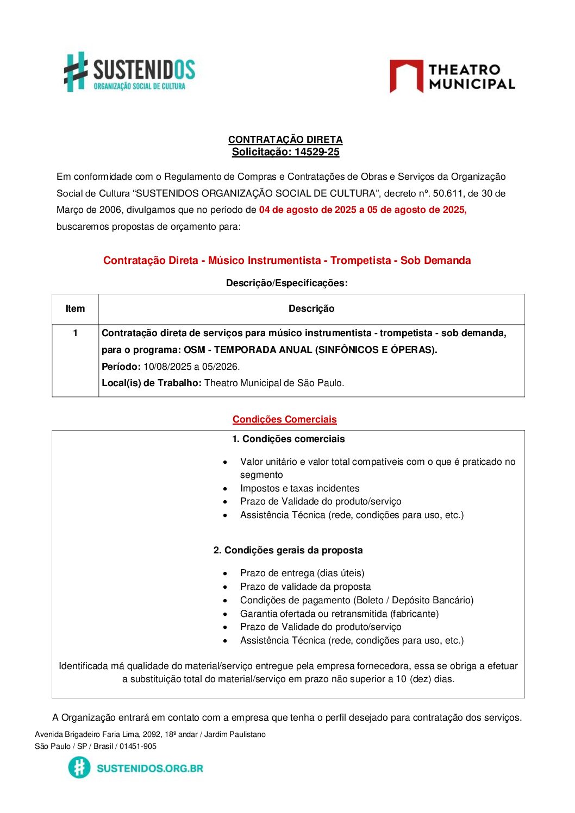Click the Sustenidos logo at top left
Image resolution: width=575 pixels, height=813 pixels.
click(x=129, y=72)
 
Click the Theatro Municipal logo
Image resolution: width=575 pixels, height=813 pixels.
click(x=452, y=77)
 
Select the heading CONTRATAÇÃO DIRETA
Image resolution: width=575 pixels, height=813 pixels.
click(x=285, y=140)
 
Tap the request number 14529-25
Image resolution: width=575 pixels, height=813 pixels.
click(x=317, y=152)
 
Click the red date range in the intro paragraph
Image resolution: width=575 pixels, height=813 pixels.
click(x=362, y=210)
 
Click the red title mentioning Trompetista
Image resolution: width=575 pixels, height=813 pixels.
click(x=287, y=260)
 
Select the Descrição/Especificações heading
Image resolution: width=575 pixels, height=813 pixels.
click(x=286, y=283)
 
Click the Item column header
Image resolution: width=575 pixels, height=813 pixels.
click(x=75, y=308)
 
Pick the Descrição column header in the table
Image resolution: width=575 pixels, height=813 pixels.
click(x=311, y=308)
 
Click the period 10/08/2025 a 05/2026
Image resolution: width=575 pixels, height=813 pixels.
click(x=191, y=367)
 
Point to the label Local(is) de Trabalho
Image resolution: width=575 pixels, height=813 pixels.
click(x=151, y=383)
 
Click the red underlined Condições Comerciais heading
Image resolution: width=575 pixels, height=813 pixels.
click(x=284, y=419)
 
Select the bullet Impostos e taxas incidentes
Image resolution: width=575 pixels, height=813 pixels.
click(x=299, y=488)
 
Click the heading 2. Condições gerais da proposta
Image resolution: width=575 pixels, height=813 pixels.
click(x=287, y=550)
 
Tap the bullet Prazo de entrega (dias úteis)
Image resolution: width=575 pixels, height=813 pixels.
click(x=302, y=573)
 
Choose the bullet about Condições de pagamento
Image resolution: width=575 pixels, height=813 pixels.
click(x=357, y=600)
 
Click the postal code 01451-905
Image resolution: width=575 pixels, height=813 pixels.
click(x=138, y=746)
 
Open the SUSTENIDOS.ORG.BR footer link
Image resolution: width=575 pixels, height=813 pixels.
click(x=149, y=768)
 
